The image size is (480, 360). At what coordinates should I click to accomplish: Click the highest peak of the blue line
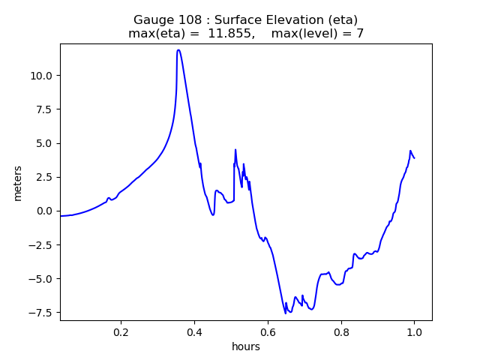(178, 50)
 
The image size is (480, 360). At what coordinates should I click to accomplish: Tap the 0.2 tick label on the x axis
(121, 332)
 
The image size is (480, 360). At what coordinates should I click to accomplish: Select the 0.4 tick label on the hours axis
(194, 332)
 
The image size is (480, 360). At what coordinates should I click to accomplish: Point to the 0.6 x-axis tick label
(268, 332)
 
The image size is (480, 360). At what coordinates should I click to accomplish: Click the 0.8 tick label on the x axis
(341, 332)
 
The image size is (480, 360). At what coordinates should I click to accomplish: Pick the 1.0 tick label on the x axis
(414, 332)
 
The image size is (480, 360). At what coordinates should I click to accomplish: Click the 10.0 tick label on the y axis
(41, 75)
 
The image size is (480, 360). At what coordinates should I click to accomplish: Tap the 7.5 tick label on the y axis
(44, 109)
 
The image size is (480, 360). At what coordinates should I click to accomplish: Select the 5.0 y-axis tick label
(44, 143)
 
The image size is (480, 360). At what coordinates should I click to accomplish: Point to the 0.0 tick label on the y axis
(44, 211)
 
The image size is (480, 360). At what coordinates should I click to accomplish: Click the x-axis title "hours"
(246, 346)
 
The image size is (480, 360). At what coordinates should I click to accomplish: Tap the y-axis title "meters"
(17, 183)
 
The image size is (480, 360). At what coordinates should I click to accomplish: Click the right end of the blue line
(414, 157)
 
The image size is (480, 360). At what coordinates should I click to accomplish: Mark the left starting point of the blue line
(61, 216)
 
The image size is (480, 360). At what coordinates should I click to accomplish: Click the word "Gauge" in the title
(154, 19)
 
